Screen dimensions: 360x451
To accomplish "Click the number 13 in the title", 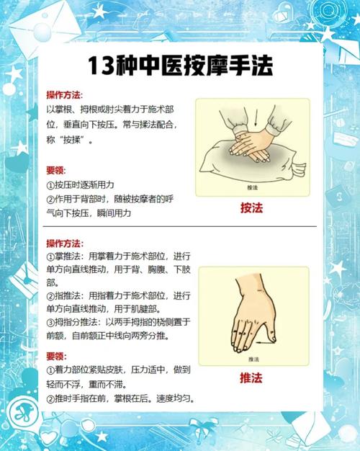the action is click(x=101, y=66).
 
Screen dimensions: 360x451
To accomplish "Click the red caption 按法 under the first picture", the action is click(x=251, y=208).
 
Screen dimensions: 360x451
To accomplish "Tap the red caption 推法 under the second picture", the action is click(x=251, y=378).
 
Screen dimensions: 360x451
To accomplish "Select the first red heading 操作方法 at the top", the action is click(x=63, y=95).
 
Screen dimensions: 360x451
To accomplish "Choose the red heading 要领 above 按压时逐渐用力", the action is click(x=55, y=170).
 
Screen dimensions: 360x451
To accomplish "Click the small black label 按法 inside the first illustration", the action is click(x=253, y=187).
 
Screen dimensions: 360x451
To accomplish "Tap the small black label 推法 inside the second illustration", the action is click(x=253, y=360).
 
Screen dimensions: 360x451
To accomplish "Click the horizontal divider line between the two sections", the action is click(x=180, y=226).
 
